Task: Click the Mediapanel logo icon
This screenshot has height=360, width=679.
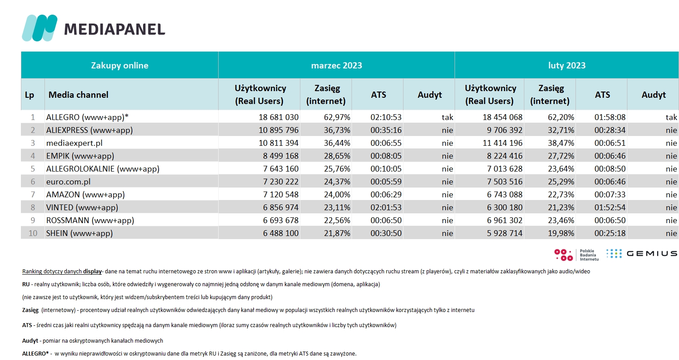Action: [x=40, y=28]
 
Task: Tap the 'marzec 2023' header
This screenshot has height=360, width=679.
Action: [x=336, y=65]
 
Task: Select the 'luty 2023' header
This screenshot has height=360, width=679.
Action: [x=567, y=65]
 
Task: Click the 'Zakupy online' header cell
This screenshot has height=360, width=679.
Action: [x=120, y=65]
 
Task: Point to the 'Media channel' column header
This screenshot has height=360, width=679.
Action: [x=78, y=95]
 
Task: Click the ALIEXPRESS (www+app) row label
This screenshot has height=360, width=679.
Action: [x=89, y=130]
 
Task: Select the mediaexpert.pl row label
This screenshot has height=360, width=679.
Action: [x=74, y=143]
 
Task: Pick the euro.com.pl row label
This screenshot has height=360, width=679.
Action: [x=68, y=182]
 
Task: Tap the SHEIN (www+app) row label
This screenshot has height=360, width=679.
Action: [x=80, y=233]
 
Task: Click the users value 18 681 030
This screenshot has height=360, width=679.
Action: [x=279, y=117]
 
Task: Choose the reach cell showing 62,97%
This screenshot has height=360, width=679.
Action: [x=337, y=117]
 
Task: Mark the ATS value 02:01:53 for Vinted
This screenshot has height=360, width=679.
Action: [x=386, y=208]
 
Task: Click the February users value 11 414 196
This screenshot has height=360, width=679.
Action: [x=503, y=143]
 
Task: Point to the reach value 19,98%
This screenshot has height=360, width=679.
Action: [x=561, y=233]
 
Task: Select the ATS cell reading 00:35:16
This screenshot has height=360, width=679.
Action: [x=386, y=130]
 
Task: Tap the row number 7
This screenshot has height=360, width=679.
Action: [x=33, y=194]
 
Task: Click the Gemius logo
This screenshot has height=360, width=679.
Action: [x=642, y=253]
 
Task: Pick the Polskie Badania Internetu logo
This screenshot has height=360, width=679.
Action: [x=576, y=255]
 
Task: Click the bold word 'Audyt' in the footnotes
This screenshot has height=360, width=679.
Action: [x=30, y=340]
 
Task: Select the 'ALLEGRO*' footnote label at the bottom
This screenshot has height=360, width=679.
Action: [x=35, y=353]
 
